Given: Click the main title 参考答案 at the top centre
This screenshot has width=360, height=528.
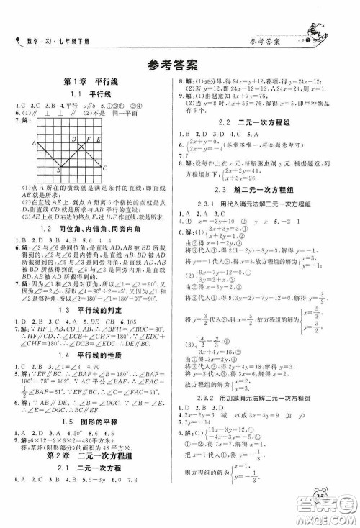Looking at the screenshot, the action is click(x=179, y=61).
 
